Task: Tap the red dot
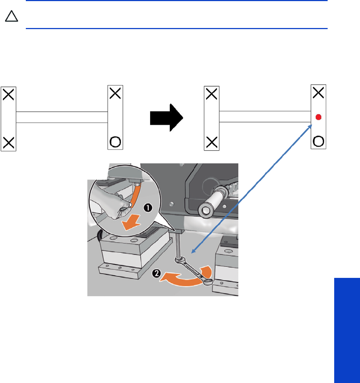[319, 117]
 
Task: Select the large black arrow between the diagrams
[167, 117]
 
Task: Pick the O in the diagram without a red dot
[115, 141]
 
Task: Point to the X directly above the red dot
[319, 93]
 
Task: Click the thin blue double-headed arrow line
[251, 187]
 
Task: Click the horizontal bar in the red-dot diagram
[265, 116]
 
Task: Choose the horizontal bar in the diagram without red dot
[62, 117]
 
